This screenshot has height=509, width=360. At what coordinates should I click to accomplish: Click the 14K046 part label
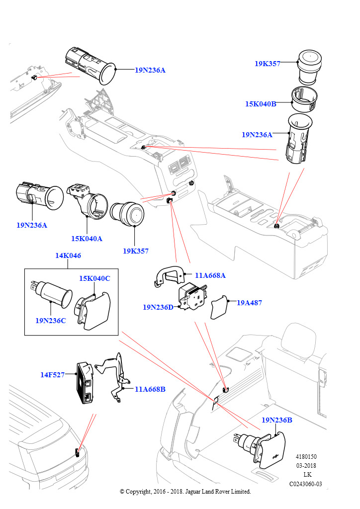click(68, 256)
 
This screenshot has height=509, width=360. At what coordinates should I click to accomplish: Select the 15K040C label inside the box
click(94, 278)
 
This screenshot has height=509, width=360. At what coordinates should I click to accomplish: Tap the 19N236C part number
click(50, 321)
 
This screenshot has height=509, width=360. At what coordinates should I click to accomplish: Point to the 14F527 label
click(52, 375)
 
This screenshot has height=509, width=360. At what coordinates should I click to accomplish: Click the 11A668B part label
click(150, 389)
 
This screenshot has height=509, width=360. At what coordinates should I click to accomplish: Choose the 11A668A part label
click(210, 275)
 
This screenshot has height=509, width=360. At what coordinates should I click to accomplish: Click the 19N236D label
click(158, 307)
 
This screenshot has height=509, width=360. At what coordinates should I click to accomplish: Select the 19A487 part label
click(249, 302)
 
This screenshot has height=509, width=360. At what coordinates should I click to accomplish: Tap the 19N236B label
click(276, 421)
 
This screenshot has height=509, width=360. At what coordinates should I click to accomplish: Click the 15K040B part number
click(260, 104)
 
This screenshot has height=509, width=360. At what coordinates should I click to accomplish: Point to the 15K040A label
click(87, 239)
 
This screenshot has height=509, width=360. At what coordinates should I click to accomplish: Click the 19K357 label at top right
click(267, 64)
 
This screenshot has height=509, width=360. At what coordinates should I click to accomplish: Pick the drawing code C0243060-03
click(306, 484)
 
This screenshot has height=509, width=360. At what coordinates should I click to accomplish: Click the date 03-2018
click(306, 466)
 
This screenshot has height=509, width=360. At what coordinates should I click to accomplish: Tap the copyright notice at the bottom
click(185, 492)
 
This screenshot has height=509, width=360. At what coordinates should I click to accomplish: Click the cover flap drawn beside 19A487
click(220, 309)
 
